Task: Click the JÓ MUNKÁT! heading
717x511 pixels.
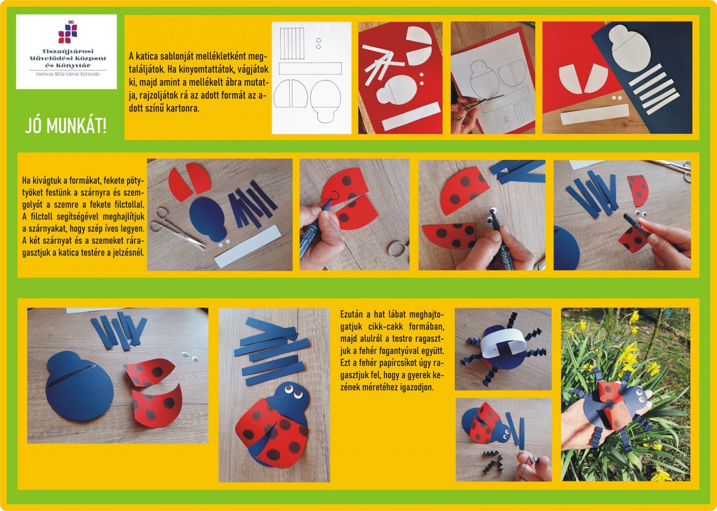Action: click(66, 126)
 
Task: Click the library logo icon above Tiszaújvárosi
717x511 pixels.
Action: click(68, 31)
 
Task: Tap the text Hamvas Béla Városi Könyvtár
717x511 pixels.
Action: click(68, 74)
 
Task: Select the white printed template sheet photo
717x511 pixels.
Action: click(311, 78)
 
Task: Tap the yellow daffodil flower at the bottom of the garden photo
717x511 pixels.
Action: click(661, 474)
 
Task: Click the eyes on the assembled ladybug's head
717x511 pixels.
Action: click(294, 391)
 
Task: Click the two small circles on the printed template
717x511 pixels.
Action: click(318, 44)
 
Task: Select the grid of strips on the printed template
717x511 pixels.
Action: click(292, 44)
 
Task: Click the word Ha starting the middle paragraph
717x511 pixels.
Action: click(26, 180)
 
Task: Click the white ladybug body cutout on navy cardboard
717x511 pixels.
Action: click(629, 47)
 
